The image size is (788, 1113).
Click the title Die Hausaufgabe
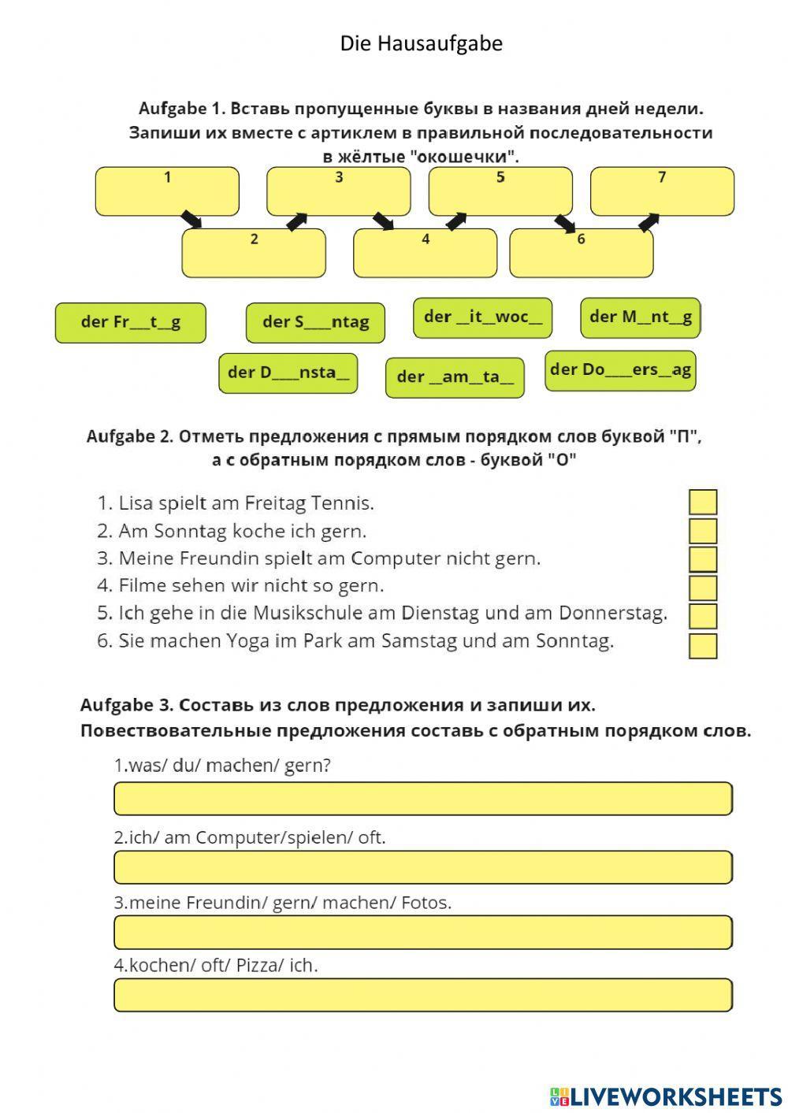(421, 43)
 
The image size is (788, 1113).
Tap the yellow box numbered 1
(167, 191)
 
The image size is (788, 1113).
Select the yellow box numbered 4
(425, 253)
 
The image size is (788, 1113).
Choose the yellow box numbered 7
(662, 191)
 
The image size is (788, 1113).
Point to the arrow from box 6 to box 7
(649, 222)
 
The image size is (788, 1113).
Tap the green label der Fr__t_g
(130, 323)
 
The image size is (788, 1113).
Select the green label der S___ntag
(315, 323)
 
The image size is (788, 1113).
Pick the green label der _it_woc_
(482, 317)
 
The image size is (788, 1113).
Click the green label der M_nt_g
(640, 317)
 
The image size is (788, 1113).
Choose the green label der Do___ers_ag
(620, 370)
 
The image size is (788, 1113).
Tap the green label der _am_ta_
(455, 377)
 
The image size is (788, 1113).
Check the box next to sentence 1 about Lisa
(703, 503)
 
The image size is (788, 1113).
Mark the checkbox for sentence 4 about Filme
(703, 588)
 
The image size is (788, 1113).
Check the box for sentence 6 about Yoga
(703, 646)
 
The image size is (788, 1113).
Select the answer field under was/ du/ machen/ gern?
(423, 799)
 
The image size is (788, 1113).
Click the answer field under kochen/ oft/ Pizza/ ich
(423, 995)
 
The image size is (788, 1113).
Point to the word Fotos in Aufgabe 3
(426, 903)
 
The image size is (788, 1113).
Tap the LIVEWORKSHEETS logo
(666, 1096)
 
